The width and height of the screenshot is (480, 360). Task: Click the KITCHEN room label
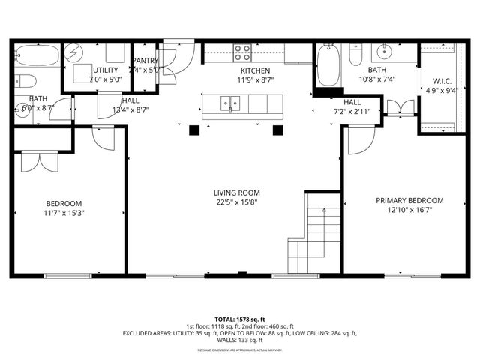254,70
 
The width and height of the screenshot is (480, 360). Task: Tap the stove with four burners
242,52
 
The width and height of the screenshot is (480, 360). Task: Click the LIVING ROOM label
237,193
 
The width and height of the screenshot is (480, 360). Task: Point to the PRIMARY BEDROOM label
409,200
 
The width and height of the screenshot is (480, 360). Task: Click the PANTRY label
145,61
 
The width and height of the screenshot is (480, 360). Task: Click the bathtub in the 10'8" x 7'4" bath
328,64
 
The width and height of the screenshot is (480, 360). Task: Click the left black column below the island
194,130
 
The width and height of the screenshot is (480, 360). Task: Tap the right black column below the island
280,130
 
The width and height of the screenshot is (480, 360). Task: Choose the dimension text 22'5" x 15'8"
237,203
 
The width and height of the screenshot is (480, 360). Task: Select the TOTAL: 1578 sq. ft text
240,319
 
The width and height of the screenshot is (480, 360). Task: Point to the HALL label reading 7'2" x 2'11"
352,102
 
